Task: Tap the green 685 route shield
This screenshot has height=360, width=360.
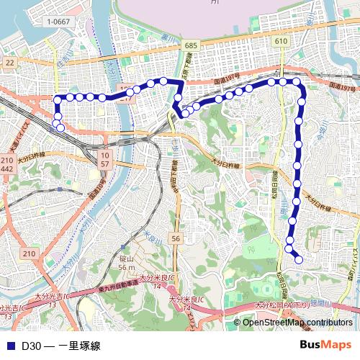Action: tap(190, 45)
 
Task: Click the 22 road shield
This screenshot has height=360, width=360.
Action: tap(9, 63)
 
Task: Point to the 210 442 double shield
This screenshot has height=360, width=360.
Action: tap(8, 163)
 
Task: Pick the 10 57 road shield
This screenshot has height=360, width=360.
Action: tap(105, 160)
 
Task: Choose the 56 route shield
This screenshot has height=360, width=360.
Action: tap(176, 238)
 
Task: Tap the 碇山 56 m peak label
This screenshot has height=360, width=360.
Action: tap(127, 264)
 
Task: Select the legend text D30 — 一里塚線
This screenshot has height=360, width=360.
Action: tap(60, 346)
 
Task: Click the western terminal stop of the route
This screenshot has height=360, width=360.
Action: tap(60, 128)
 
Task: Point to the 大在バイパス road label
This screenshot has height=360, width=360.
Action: tap(353, 245)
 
